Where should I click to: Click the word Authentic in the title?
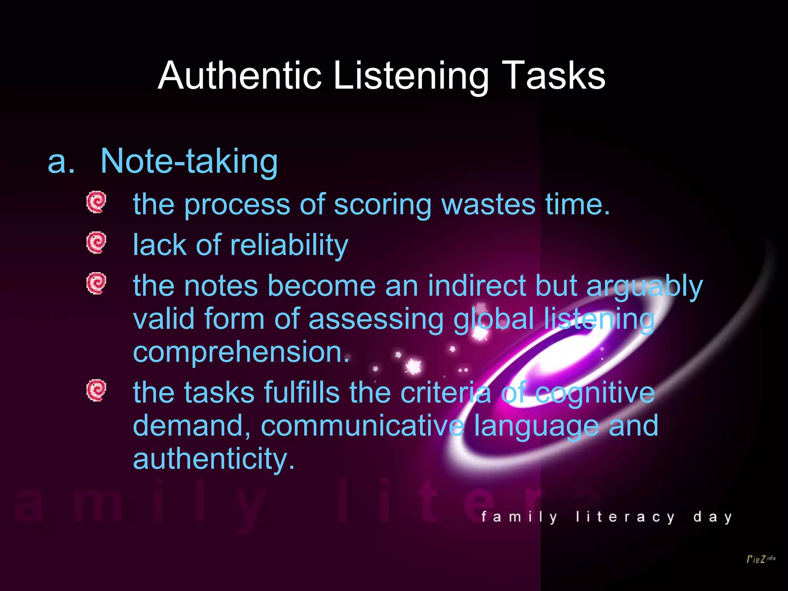(239, 75)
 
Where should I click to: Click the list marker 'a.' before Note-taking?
(61, 162)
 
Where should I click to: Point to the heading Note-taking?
(189, 162)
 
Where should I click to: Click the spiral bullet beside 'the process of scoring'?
(96, 202)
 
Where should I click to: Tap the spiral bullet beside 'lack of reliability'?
(96, 242)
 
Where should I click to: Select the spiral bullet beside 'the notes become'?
(96, 284)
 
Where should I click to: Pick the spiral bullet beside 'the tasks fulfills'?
(96, 391)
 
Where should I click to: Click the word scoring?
(382, 205)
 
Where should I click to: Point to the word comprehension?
(241, 352)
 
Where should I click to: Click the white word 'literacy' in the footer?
(625, 517)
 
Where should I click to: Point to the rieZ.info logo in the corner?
(761, 559)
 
